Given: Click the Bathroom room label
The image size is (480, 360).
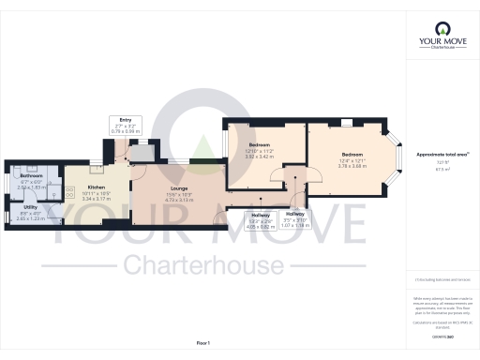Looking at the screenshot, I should (32, 176).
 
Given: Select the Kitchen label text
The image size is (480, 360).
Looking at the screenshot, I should (97, 161).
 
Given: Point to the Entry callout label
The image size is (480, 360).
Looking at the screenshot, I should (125, 120).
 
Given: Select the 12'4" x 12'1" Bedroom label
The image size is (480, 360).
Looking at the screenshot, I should (352, 154).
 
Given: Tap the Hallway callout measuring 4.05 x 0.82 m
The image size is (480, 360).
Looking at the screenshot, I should (260, 215).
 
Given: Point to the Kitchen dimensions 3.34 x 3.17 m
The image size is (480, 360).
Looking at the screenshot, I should (97, 172).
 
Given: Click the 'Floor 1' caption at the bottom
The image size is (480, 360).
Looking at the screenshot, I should (202, 344).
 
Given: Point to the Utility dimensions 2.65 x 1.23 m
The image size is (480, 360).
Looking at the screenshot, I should (30, 217).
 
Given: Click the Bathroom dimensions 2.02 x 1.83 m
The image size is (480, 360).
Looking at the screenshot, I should (32, 187).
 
